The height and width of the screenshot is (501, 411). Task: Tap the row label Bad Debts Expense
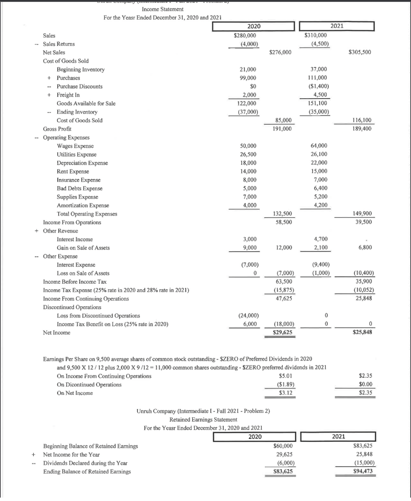tap(80, 188)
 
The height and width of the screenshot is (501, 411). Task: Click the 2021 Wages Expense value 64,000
tap(319, 146)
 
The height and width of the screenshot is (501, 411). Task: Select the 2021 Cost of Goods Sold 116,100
tap(361, 120)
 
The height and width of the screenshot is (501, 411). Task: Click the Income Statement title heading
tap(162, 9)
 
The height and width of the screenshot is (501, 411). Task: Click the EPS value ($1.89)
tap(283, 385)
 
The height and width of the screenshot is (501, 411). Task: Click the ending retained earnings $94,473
tap(362, 472)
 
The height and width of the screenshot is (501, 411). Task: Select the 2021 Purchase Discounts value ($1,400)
tap(319, 86)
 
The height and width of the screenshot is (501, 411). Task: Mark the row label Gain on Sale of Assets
tap(83, 248)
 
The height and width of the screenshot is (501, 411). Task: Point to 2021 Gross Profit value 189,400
tap(361, 129)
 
